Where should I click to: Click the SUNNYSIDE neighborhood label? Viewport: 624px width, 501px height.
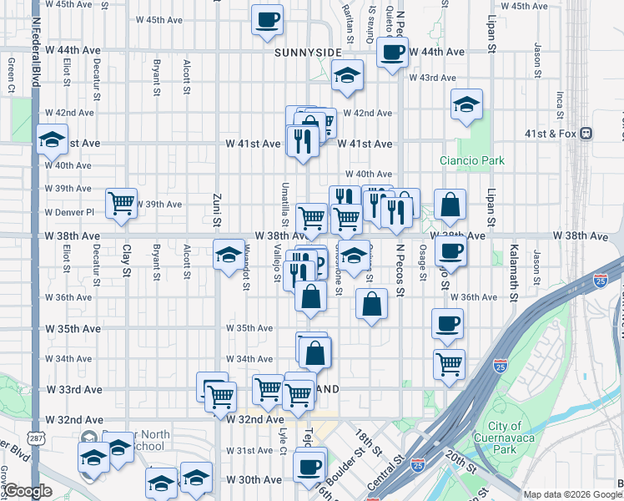click(x=307, y=52)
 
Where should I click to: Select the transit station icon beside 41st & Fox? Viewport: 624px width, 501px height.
click(x=586, y=133)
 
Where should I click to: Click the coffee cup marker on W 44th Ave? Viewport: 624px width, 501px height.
click(x=391, y=53)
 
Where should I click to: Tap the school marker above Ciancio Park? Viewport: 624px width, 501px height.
click(x=465, y=105)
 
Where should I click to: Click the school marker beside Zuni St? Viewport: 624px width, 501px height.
click(x=228, y=256)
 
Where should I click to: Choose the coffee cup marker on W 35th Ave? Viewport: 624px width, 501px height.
click(x=447, y=323)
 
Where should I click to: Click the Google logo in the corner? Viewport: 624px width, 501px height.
click(x=28, y=491)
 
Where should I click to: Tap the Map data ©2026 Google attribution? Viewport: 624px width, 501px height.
click(x=571, y=494)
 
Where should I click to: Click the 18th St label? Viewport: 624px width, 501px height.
click(x=364, y=441)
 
